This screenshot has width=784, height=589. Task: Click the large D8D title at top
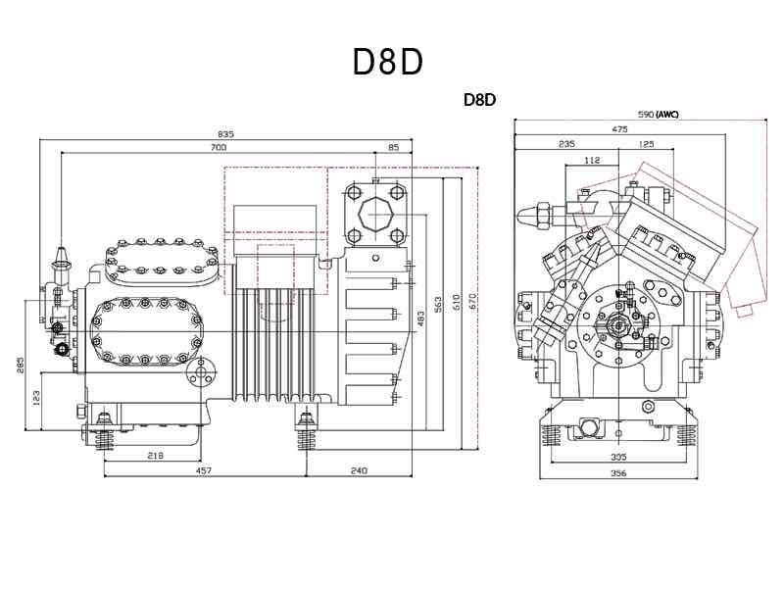click(x=387, y=62)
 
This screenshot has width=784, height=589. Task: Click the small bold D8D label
click(x=480, y=100)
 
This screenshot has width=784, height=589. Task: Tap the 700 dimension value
click(x=218, y=148)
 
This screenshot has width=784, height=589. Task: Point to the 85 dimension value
click(x=394, y=148)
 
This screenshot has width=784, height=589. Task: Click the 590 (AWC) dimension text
click(x=658, y=115)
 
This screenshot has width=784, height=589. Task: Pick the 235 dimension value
click(x=566, y=144)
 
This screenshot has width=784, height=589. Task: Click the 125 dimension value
click(x=646, y=144)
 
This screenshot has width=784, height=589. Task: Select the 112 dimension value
click(x=591, y=159)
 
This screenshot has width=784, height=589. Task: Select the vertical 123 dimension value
click(x=35, y=398)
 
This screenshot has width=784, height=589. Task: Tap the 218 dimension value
click(x=154, y=456)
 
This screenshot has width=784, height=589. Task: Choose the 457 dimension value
click(x=203, y=471)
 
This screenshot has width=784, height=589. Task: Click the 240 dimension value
click(x=358, y=471)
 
